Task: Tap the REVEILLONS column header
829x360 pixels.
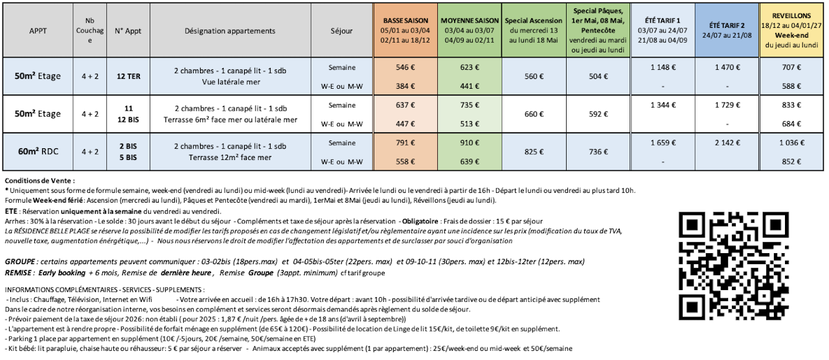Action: click(x=792, y=30)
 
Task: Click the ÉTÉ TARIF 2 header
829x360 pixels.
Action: click(x=727, y=30)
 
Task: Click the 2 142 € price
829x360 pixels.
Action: click(x=727, y=142)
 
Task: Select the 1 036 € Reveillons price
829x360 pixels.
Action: click(x=792, y=142)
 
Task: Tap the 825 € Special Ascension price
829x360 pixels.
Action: click(x=532, y=152)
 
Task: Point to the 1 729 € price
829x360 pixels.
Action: click(x=727, y=104)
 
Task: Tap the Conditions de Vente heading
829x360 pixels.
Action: click(x=40, y=181)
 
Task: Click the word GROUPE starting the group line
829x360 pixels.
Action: click(x=19, y=261)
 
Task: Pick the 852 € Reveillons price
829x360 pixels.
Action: click(x=792, y=162)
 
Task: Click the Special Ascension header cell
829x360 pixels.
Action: click(x=532, y=30)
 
